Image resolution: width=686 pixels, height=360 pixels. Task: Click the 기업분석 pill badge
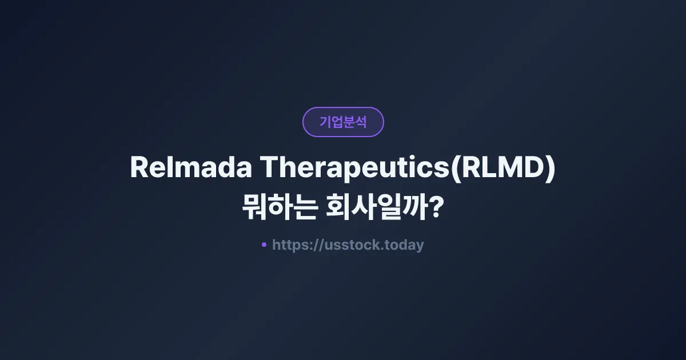pyautogui.click(x=343, y=122)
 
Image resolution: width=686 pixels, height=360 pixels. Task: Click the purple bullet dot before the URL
pyautogui.click(x=264, y=245)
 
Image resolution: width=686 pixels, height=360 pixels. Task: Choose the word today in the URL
pyautogui.click(x=405, y=245)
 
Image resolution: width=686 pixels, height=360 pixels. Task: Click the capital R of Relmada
pyautogui.click(x=139, y=168)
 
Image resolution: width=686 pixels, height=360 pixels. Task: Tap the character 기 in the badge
pyautogui.click(x=325, y=122)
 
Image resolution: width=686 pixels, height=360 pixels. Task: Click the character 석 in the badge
pyautogui.click(x=361, y=122)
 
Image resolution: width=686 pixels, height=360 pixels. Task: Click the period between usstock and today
pyautogui.click(x=384, y=249)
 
